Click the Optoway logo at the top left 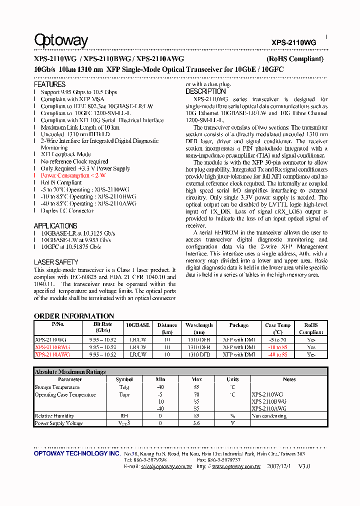tap(61, 40)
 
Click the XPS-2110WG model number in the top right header tap(293, 43)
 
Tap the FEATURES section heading tap(49, 84)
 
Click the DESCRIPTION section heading tap(205, 91)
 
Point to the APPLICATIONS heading tap(55, 225)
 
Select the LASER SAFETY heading tap(55, 262)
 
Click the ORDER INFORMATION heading tap(73, 316)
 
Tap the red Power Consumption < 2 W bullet tap(73, 175)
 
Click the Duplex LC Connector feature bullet tap(67, 210)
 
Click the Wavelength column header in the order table tap(199, 328)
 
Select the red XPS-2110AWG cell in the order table tap(52, 354)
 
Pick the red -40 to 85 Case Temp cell tap(277, 354)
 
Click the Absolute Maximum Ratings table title tap(70, 372)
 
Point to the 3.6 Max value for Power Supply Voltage tap(196, 423)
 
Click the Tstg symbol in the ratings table tap(124, 387)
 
